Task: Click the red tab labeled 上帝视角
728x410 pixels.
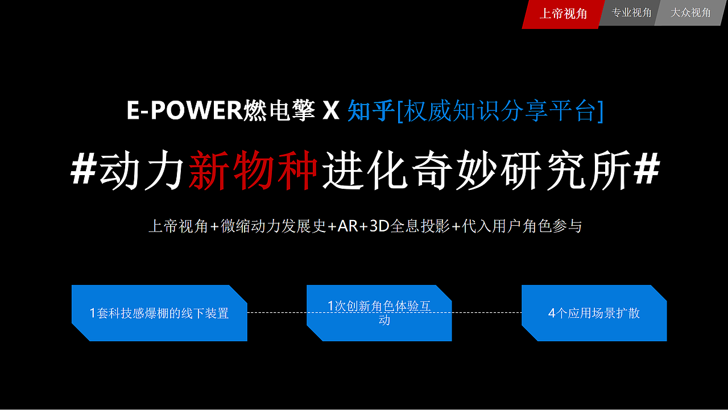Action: tap(563, 14)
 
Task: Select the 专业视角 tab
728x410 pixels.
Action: tap(631, 13)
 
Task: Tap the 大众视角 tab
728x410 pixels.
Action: tap(690, 13)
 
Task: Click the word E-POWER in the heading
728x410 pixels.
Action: tap(184, 110)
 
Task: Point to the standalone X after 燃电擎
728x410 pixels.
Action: tap(331, 110)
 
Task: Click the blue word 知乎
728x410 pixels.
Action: tap(371, 110)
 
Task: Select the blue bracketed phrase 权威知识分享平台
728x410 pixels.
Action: tap(500, 111)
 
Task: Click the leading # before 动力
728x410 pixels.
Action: tap(84, 169)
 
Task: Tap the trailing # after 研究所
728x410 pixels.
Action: tap(647, 169)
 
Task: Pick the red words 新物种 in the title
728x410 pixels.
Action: tap(253, 169)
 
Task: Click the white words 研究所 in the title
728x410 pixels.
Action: tap(566, 169)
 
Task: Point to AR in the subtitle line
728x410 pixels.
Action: tap(348, 226)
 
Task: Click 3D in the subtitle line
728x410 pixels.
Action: tap(379, 226)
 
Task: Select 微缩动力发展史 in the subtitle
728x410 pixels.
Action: tap(274, 226)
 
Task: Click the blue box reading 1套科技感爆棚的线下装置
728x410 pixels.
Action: tap(159, 313)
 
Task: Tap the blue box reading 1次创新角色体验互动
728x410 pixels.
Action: tap(379, 313)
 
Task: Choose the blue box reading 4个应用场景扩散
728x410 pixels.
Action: tap(594, 313)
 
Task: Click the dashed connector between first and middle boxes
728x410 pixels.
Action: tap(277, 313)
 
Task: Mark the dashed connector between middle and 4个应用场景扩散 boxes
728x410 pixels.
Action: tap(486, 313)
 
